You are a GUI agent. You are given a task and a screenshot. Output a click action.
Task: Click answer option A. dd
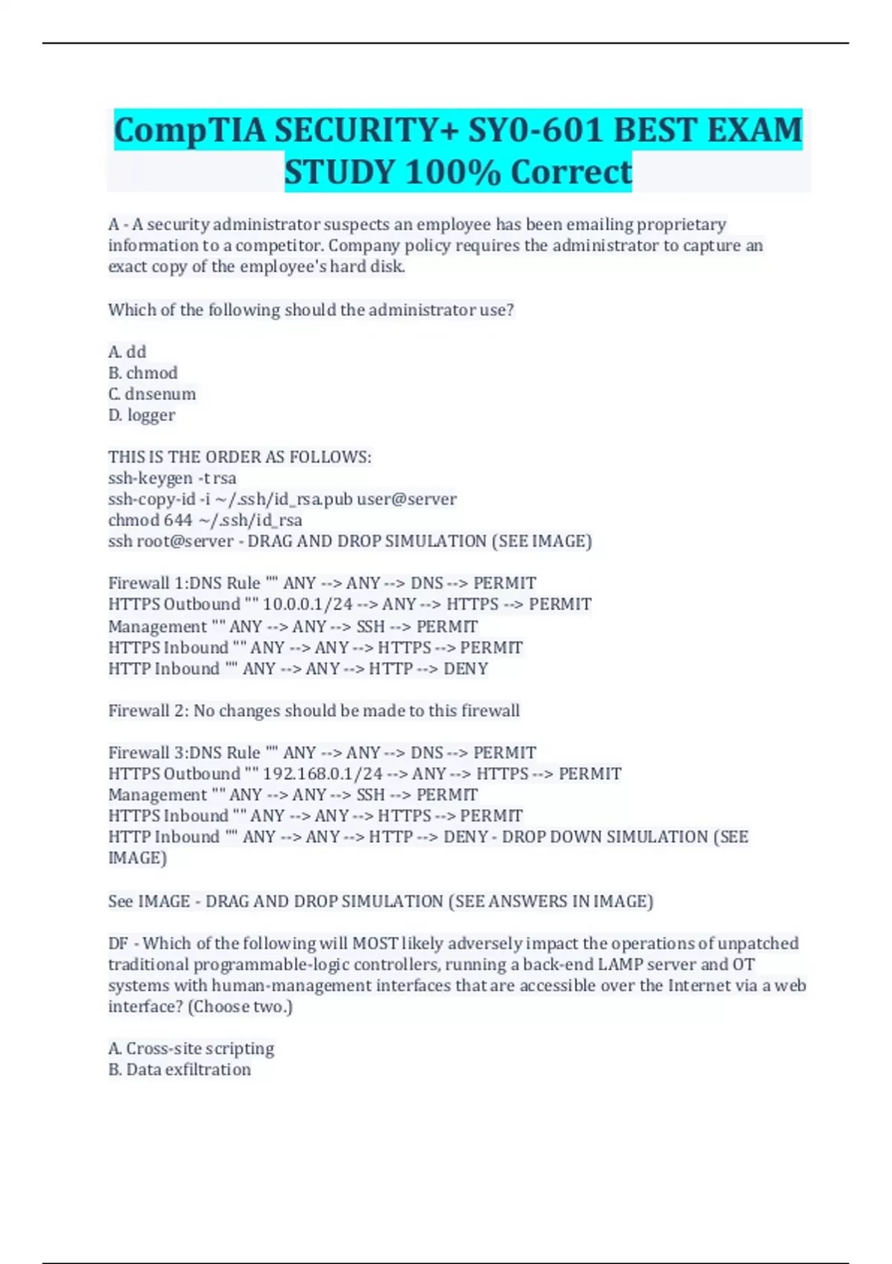click(127, 352)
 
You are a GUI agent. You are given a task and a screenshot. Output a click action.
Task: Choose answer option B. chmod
click(143, 373)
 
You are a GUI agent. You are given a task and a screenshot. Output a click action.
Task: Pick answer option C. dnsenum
click(152, 393)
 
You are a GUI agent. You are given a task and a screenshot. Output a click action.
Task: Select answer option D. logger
click(142, 415)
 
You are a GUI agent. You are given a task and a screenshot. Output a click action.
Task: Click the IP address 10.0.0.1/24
click(307, 604)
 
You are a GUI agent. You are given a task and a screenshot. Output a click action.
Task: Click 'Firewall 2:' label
click(149, 711)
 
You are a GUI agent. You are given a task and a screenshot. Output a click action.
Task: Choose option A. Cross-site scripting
click(191, 1048)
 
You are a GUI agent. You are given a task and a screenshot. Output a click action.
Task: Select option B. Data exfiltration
click(179, 1069)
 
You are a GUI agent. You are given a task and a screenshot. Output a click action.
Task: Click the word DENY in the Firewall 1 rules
click(465, 668)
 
